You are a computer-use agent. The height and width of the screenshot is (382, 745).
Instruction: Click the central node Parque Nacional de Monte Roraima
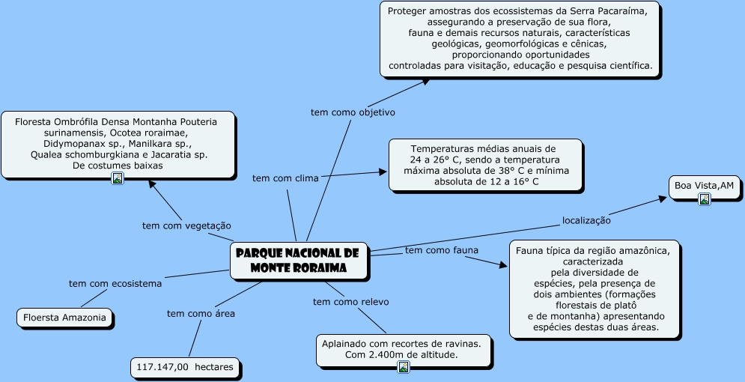point(298,261)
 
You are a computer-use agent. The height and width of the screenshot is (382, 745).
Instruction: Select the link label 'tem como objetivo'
point(353,112)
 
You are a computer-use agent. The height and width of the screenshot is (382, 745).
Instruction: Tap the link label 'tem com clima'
point(285,178)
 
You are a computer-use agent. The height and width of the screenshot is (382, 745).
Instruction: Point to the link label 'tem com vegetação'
point(186,225)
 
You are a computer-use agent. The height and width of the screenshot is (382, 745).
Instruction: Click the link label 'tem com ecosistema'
point(115,283)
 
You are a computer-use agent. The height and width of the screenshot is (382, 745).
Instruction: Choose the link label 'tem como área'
point(201,314)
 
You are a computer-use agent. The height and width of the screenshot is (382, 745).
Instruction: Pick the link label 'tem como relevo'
point(350,302)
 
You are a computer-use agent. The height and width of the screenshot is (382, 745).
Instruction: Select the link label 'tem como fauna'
point(442,250)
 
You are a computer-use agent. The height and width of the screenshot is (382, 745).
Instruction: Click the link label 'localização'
point(586,220)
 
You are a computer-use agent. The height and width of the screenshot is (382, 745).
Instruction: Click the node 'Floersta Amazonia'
point(66,318)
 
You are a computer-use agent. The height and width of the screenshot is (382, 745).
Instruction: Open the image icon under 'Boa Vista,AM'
point(704,199)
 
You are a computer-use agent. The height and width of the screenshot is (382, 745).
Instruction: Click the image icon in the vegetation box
point(118,178)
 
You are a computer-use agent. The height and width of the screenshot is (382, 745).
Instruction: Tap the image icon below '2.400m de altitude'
point(404,366)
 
